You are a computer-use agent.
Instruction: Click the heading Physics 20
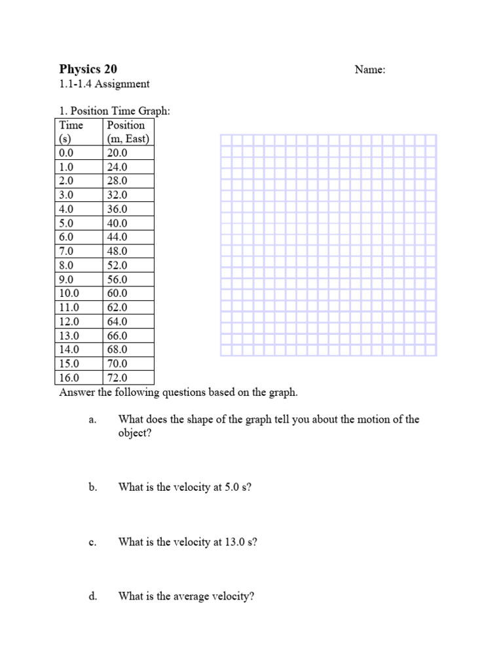(88, 69)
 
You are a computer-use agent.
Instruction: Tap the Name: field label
(370, 70)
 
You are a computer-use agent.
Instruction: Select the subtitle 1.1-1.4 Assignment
(104, 84)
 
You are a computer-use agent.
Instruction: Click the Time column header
(71, 125)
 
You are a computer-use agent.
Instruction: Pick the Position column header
(126, 125)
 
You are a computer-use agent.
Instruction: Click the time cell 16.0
(69, 378)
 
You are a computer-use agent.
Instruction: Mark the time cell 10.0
(69, 294)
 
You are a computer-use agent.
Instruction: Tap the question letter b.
(92, 488)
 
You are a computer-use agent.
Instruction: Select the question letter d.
(92, 596)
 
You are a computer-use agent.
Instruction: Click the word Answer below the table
(76, 393)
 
